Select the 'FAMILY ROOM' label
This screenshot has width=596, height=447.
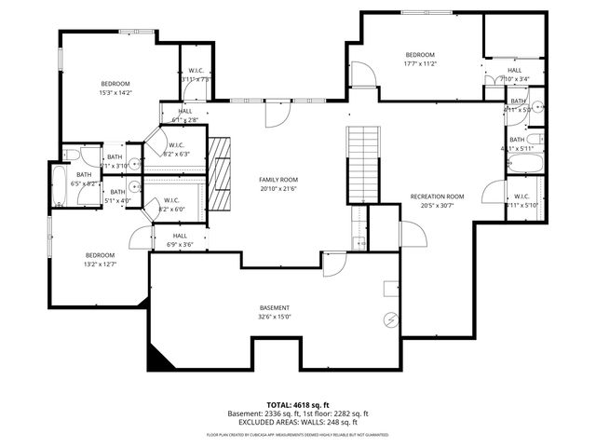pyautogui.click(x=278, y=179)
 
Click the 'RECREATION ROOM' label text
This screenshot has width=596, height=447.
pyautogui.click(x=437, y=196)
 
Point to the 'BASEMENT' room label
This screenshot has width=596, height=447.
pyautogui.click(x=274, y=307)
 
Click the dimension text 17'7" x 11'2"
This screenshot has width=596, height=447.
pyautogui.click(x=420, y=64)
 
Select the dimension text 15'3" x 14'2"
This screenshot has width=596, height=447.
pyautogui.click(x=115, y=92)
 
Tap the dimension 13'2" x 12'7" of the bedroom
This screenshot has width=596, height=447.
pyautogui.click(x=100, y=264)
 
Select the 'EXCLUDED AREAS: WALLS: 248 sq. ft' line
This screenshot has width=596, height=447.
pyautogui.click(x=299, y=422)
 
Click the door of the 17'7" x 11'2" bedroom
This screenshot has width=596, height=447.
pyautogui.click(x=363, y=74)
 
